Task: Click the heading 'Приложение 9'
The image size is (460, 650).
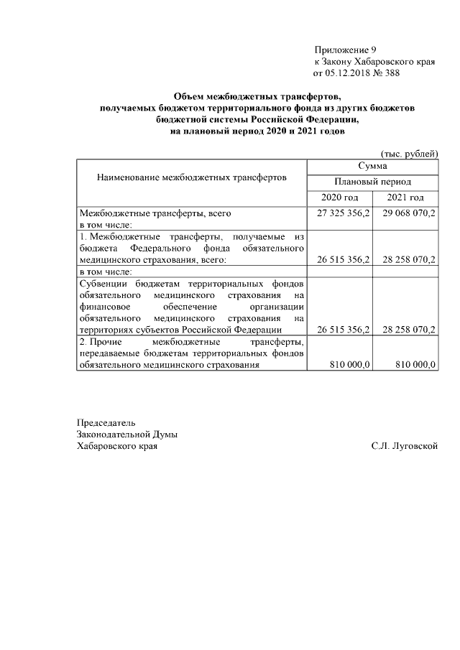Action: click(345, 50)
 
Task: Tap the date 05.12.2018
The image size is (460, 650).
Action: click(348, 73)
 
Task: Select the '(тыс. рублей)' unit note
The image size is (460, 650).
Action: click(408, 154)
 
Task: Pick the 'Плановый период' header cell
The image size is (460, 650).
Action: click(372, 182)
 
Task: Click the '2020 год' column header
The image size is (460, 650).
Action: click(339, 198)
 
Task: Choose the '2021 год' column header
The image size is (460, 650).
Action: click(405, 198)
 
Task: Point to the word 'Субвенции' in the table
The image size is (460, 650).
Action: click(103, 283)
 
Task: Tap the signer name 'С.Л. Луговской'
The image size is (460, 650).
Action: click(405, 446)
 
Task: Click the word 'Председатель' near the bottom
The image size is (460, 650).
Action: click(106, 422)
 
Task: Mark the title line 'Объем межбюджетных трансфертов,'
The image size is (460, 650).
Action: click(257, 97)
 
